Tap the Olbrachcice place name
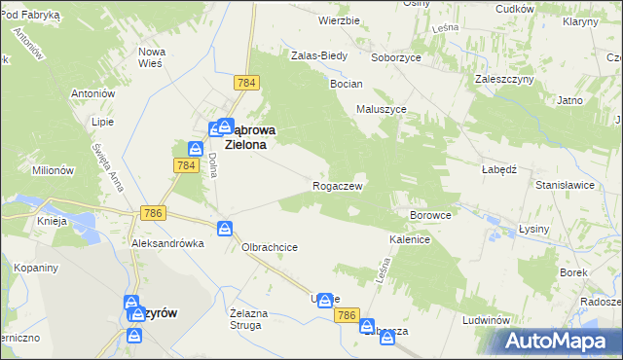pyautogui.click(x=270, y=247)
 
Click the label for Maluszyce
pyautogui.click(x=381, y=110)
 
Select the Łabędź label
pyautogui.click(x=497, y=166)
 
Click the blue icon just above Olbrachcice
pyautogui.click(x=225, y=229)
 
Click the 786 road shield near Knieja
pyautogui.click(x=152, y=213)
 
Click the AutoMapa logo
pyautogui.click(x=558, y=342)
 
